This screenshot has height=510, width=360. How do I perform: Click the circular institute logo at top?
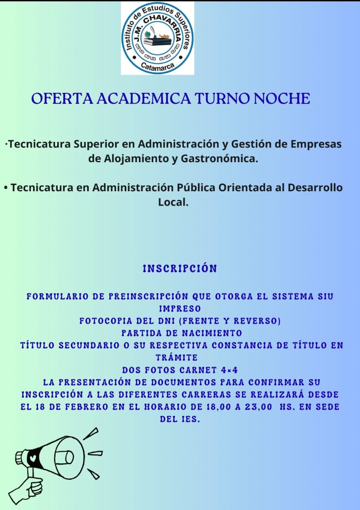[157, 38]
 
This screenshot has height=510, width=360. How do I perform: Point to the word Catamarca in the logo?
[158, 66]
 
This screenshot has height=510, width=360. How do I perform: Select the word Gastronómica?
[219, 159]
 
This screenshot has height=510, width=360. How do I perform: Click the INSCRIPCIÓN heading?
[180, 269]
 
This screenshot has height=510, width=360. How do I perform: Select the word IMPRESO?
[180, 309]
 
